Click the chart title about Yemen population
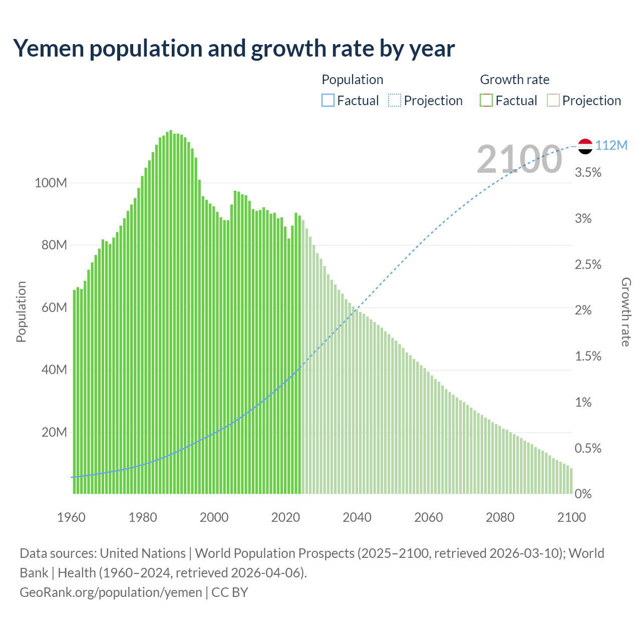234,49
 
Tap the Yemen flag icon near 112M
585,146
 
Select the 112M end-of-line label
611,145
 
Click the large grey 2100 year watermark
519,159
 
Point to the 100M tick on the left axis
51,183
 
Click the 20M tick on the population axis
54,432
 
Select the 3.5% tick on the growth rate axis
588,173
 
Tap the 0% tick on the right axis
583,494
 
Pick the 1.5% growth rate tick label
588,356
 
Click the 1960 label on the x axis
71,517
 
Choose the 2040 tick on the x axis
357,517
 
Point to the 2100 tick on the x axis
571,517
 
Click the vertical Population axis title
21,311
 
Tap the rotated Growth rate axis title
626,311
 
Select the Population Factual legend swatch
328,101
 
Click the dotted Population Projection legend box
395,101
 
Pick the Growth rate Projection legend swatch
553,101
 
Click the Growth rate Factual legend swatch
486,101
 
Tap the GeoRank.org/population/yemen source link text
111,592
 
